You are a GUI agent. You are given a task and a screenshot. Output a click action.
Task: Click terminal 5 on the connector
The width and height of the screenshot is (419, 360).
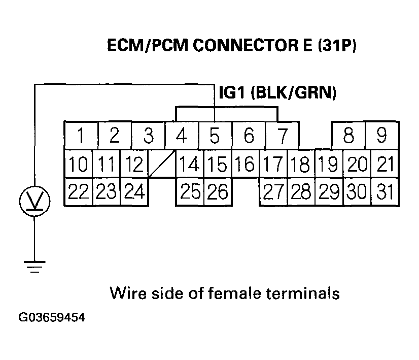pos(215,136)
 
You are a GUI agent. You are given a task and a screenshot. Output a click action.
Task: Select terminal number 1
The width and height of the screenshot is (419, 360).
pos(81,136)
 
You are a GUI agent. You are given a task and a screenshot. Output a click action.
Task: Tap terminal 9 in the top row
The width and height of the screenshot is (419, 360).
pos(382,136)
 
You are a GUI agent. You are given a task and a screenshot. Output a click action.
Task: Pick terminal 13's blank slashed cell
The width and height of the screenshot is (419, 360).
pos(162,164)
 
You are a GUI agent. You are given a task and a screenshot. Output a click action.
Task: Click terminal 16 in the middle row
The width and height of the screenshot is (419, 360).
pos(246,164)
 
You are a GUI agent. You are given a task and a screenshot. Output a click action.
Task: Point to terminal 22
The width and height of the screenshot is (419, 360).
pos(78,192)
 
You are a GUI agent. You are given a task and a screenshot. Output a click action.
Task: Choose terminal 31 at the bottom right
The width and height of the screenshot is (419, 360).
pos(385,192)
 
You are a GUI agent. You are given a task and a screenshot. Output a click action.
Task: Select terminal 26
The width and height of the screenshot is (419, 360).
pos(218,192)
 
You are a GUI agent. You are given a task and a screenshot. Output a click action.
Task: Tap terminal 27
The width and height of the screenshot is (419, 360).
pos(273,192)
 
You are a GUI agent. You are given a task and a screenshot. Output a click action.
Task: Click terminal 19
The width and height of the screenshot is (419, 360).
pos(329,164)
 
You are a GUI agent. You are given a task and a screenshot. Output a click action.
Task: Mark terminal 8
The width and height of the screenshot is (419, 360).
pos(348,136)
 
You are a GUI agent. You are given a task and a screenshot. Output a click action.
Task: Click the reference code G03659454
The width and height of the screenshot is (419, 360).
pos(52,318)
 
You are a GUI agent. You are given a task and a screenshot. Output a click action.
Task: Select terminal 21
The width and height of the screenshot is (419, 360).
pos(385,164)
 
